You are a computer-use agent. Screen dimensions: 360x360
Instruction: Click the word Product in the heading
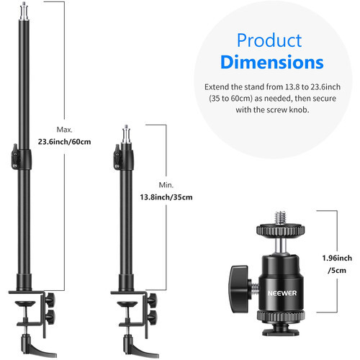[x=269, y=40]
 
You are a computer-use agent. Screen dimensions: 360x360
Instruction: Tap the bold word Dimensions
[x=272, y=62]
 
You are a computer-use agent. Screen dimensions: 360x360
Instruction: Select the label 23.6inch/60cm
[x=64, y=142]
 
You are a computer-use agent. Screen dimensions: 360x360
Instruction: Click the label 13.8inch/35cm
[x=166, y=197]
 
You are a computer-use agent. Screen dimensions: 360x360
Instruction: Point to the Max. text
[x=64, y=130]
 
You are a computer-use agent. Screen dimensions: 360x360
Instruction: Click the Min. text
[x=166, y=185]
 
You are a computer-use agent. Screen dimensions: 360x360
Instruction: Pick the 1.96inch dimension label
[x=337, y=258]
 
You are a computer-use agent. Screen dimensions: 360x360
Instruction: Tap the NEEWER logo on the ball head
[x=282, y=293]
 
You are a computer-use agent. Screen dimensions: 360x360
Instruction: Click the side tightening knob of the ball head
[x=240, y=289]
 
